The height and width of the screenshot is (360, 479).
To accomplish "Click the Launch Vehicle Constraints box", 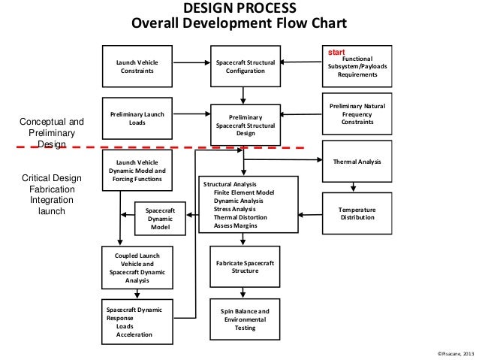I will (x=137, y=66).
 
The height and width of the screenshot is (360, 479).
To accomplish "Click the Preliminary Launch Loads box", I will (x=137, y=117).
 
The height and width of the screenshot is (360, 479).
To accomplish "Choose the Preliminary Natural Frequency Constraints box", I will (x=357, y=113).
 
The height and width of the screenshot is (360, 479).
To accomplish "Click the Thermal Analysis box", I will (x=357, y=162).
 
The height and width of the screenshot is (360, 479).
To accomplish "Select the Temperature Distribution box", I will (x=357, y=213).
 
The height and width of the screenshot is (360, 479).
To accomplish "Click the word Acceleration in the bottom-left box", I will (x=134, y=334).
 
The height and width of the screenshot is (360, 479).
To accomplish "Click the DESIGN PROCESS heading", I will (x=239, y=8).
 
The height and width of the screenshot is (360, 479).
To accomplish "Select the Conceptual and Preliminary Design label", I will (x=52, y=132).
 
